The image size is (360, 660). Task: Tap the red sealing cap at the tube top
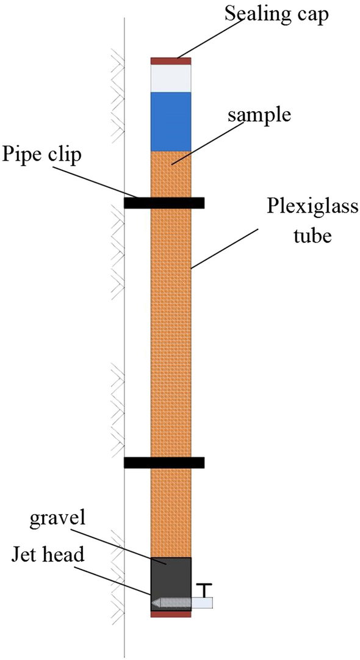pyautogui.click(x=171, y=61)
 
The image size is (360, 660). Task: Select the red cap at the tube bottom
pyautogui.click(x=171, y=614)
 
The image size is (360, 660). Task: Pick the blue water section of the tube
pyautogui.click(x=171, y=121)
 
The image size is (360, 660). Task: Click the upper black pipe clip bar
pyautogui.click(x=164, y=203)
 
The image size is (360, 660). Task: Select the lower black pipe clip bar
pyautogui.click(x=164, y=463)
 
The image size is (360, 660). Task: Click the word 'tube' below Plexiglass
pyautogui.click(x=315, y=235)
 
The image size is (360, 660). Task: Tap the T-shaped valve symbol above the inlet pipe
pyautogui.click(x=204, y=589)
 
